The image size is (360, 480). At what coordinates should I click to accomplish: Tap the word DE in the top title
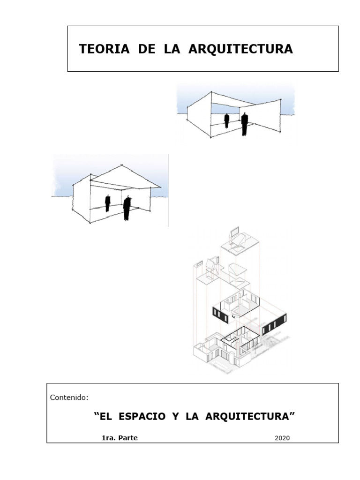point(146,50)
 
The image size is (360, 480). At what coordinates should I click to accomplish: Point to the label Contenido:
point(69,397)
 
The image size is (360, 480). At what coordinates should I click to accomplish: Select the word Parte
point(128,438)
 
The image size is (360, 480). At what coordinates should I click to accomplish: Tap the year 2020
point(282,438)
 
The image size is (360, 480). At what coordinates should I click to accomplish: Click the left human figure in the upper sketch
point(227,120)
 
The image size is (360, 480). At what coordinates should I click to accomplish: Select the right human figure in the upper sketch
point(244,124)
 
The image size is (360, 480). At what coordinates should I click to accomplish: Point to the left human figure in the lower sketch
point(108,203)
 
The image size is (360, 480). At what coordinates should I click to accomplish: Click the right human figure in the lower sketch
point(127,208)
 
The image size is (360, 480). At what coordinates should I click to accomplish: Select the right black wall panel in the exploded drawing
point(274,324)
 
